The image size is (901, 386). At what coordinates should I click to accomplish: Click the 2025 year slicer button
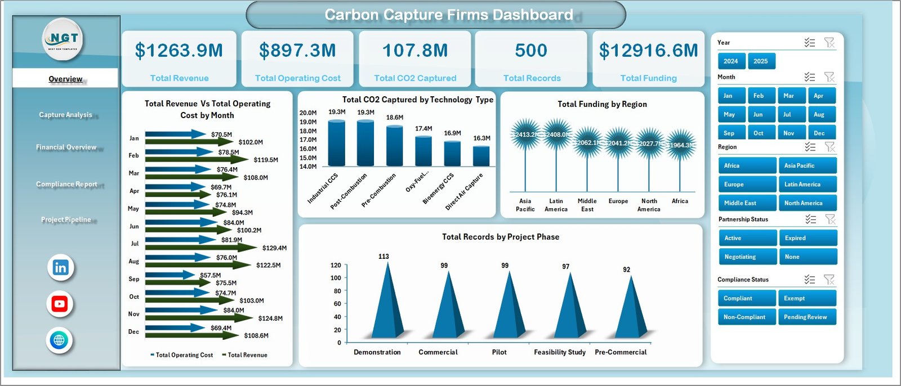pos(761,61)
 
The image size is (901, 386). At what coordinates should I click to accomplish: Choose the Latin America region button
pos(807,185)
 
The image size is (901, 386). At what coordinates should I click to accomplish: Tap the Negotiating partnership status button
pos(747,257)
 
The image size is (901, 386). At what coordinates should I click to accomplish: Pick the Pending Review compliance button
pos(807,317)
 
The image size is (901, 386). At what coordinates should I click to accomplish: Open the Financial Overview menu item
pos(66,147)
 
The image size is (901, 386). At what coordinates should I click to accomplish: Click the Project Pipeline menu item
pos(66,219)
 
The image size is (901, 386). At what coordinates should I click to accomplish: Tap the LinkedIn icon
pos(60,268)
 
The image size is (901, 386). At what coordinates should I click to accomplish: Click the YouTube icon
pos(60,304)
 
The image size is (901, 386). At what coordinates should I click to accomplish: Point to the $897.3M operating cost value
pos(297,51)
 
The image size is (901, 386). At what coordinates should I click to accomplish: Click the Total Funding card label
pos(648,78)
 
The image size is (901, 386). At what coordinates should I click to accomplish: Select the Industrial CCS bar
pos(337,143)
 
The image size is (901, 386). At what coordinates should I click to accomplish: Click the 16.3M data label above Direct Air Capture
pos(481,138)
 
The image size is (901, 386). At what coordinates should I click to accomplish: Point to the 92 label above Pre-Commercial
pos(626,270)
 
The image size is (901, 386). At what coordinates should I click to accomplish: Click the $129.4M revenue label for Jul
pos(274,248)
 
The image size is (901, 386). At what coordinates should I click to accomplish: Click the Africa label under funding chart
pos(680,201)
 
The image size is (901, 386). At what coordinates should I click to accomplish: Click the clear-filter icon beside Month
pos(829,77)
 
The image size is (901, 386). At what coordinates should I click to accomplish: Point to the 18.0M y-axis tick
pos(307,131)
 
